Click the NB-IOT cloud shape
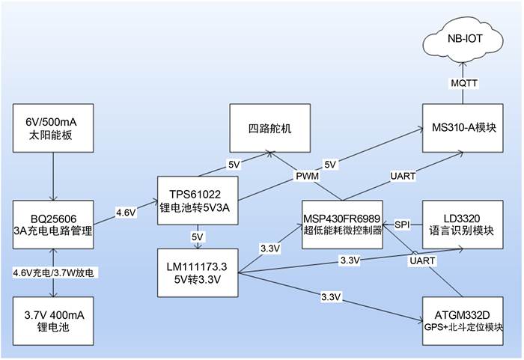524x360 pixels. click(463, 40)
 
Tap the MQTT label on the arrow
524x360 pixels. click(464, 83)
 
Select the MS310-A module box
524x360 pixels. click(463, 128)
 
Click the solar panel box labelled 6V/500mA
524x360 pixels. click(53, 128)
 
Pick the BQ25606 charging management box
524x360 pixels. click(53, 225)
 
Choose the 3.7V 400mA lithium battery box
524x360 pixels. click(53, 321)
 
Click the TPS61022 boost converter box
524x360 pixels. click(198, 201)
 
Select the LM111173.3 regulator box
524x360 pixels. click(198, 272)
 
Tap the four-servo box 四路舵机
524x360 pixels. click(270, 128)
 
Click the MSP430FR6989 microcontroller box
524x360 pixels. click(342, 225)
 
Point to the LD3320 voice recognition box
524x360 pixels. click(463, 225)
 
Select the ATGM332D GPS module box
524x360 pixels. click(463, 321)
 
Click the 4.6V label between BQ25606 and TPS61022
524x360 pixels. click(126, 213)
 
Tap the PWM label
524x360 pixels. click(308, 176)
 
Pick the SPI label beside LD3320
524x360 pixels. click(402, 225)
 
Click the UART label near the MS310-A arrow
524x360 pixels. click(403, 176)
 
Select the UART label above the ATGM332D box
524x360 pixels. click(422, 260)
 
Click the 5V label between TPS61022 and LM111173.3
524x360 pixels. click(198, 237)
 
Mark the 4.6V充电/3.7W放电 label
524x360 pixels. click(53, 273)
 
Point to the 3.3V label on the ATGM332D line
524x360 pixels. click(331, 297)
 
